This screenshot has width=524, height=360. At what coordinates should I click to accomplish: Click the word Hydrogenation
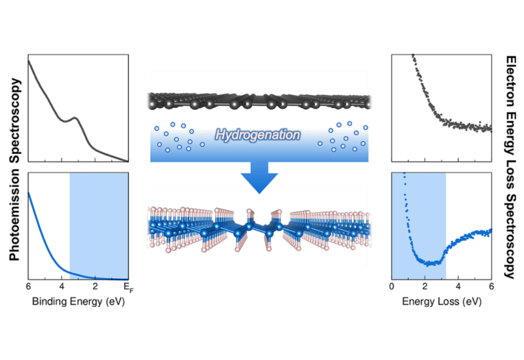pyautogui.click(x=257, y=135)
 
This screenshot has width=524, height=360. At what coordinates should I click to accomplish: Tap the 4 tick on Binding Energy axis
pyautogui.click(x=62, y=287)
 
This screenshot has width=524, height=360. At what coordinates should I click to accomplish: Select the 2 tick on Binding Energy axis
pyautogui.click(x=95, y=287)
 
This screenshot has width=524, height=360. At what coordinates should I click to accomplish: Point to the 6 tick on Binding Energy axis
pyautogui.click(x=28, y=287)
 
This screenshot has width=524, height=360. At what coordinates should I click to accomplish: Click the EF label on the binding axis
pyautogui.click(x=128, y=287)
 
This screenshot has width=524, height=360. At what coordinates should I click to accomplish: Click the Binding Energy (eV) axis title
pyautogui.click(x=79, y=302)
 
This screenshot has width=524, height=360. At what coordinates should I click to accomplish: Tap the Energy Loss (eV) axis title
pyautogui.click(x=441, y=302)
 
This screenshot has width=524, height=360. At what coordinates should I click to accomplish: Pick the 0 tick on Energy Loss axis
pyautogui.click(x=392, y=287)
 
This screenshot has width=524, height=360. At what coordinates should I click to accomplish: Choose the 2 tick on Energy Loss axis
pyautogui.click(x=424, y=287)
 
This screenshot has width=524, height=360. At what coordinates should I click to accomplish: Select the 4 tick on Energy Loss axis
pyautogui.click(x=458, y=287)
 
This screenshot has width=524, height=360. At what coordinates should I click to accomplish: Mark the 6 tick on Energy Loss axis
pyautogui.click(x=491, y=287)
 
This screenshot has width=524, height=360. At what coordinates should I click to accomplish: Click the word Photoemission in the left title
pyautogui.click(x=14, y=215)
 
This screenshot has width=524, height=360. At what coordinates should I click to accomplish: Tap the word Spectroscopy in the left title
pyautogui.click(x=14, y=120)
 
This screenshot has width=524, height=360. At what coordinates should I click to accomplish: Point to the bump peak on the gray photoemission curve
pyautogui.click(x=75, y=118)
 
